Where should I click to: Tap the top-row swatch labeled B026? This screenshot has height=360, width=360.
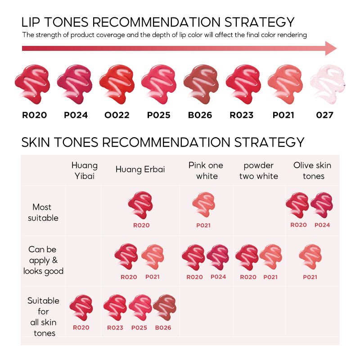pyautogui.click(x=201, y=84)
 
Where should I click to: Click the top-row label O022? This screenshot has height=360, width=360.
pyautogui.click(x=117, y=115)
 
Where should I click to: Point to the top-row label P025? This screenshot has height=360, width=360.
pyautogui.click(x=159, y=115)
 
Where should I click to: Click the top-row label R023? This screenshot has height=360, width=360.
pyautogui.click(x=242, y=115)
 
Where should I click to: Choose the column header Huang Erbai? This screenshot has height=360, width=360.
pyautogui.click(x=140, y=170)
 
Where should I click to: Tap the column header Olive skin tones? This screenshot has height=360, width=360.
pyautogui.click(x=312, y=171)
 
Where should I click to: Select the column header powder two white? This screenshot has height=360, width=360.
pyautogui.click(x=258, y=171)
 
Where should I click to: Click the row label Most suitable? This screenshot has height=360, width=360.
pyautogui.click(x=43, y=212)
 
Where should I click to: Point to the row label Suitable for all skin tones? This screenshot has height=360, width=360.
pyautogui.click(x=43, y=317)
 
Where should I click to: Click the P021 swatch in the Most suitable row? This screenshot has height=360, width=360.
pyautogui.click(x=204, y=205)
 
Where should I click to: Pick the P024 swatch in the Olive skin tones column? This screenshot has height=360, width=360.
pyautogui.click(x=321, y=205)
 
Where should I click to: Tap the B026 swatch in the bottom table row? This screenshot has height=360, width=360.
pyautogui.click(x=165, y=307)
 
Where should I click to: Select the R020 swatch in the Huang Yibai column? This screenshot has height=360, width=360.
pyautogui.click(x=81, y=308)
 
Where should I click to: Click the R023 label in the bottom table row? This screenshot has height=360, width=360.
pyautogui.click(x=115, y=328)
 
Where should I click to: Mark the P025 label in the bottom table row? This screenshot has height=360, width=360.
pyautogui.click(x=139, y=328)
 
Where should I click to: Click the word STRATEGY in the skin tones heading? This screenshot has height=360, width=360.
pyautogui.click(x=269, y=142)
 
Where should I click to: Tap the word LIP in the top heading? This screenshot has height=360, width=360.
pyautogui.click(x=31, y=22)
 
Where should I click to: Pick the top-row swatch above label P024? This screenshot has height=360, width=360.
pyautogui.click(x=75, y=84)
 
